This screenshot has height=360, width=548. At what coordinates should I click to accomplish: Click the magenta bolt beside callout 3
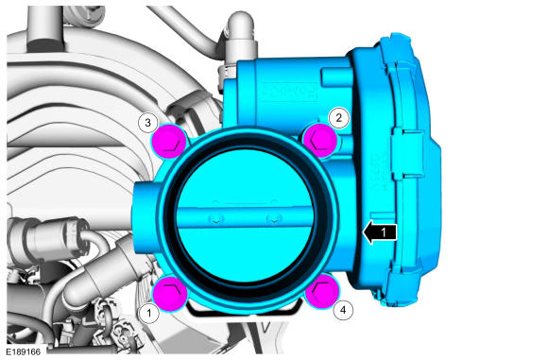coord(170,141)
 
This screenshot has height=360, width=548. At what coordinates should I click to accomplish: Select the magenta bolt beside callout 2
coord(320,140)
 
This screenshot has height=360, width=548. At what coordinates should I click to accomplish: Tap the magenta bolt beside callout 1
coord(170,293)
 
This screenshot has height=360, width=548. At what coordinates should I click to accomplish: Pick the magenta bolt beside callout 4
coord(322,291)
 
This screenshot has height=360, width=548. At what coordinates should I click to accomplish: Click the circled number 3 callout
coord(147,123)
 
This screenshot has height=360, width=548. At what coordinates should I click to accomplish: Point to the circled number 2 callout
coord(338,117)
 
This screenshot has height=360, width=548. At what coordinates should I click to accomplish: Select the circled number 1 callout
coord(149,313)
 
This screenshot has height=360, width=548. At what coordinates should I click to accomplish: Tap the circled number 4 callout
coord(343,310)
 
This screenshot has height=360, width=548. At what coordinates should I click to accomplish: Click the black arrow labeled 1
coord(380,232)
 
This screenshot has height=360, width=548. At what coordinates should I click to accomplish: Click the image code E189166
coord(23,351)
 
